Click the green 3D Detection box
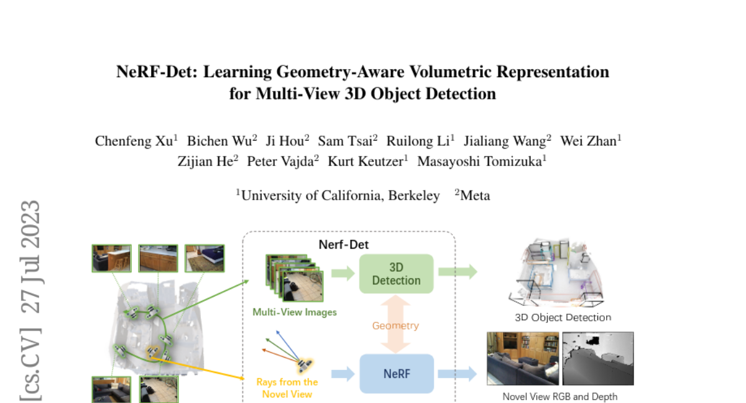tap(396, 273)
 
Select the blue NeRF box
tap(396, 374)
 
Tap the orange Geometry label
tap(395, 325)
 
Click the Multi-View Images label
tap(295, 312)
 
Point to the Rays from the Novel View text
tap(287, 387)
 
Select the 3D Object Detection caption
tap(563, 317)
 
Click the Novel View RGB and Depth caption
tap(560, 396)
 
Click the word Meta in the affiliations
tap(475, 195)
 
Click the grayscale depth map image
tap(597, 358)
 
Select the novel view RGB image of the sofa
tap(523, 358)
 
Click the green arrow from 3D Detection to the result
tap(458, 272)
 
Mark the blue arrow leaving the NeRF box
tap(458, 374)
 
